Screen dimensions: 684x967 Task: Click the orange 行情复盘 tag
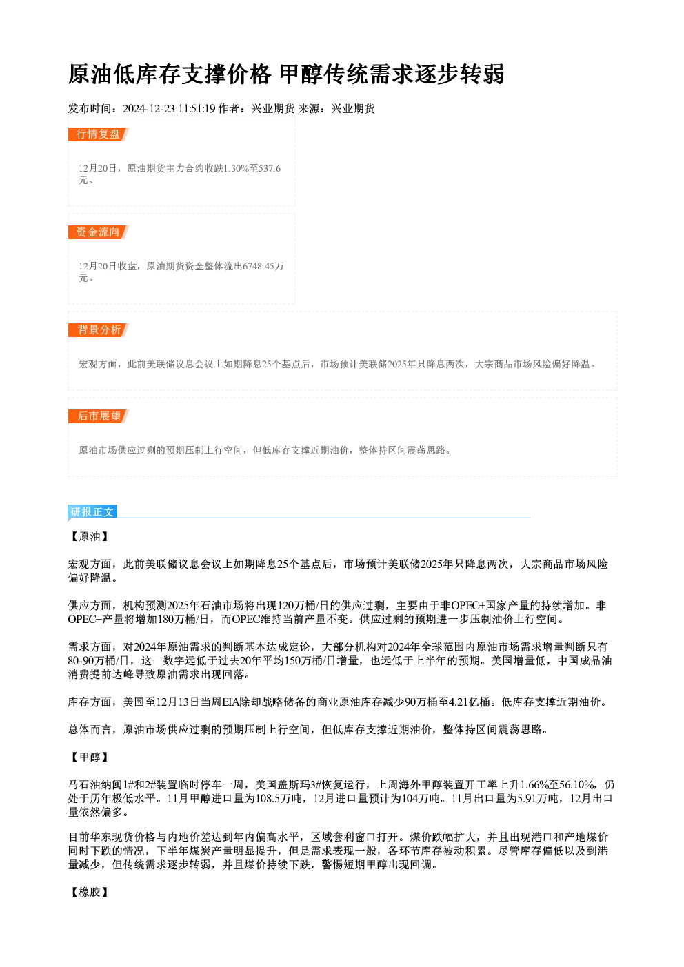point(99,134)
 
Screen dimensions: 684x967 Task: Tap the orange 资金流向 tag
point(99,232)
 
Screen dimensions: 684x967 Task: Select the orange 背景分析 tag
point(99,330)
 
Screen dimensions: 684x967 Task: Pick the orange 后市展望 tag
point(99,416)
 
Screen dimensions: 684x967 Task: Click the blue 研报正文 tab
point(92,512)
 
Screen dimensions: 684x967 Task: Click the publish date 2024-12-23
point(149,109)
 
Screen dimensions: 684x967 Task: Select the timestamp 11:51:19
point(197,109)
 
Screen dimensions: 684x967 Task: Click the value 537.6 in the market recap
point(270,168)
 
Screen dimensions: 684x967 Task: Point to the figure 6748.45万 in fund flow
point(263,266)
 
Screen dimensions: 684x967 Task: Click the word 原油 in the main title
point(90,74)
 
